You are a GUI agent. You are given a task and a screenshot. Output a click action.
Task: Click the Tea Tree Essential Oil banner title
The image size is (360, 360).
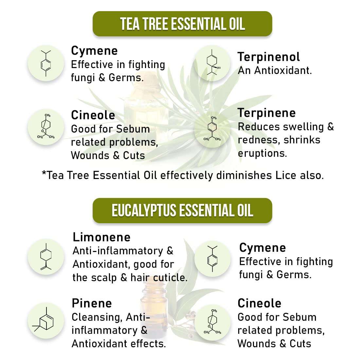click(182, 24)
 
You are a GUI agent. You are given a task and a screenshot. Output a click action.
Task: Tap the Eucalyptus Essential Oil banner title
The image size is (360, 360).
click(182, 210)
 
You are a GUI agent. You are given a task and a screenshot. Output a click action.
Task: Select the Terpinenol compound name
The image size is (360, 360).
click(269, 57)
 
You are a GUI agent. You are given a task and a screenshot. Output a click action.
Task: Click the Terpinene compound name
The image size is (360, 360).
click(267, 113)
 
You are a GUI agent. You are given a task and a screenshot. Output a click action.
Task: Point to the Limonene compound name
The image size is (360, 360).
click(101, 237)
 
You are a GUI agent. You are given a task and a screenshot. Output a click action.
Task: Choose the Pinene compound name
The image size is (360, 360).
click(92, 303)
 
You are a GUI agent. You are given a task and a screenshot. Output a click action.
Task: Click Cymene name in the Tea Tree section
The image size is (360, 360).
click(94, 51)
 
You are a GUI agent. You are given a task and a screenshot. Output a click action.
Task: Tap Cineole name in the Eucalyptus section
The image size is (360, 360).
click(259, 303)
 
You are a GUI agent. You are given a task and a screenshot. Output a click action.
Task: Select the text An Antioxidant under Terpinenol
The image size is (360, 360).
click(275, 70)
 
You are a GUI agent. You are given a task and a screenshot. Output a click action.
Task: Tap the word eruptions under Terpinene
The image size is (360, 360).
click(262, 153)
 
